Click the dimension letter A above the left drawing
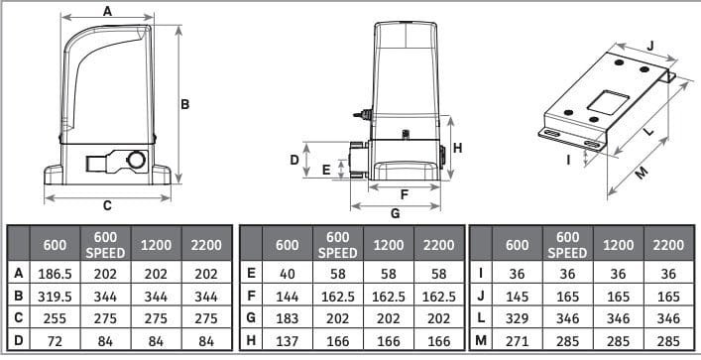[107, 11]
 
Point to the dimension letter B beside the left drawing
[184, 104]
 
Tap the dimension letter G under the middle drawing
[396, 214]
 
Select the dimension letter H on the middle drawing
[457, 148]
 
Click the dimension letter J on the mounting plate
[650, 46]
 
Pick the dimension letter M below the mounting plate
[642, 174]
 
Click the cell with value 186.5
[55, 274]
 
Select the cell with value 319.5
[55, 296]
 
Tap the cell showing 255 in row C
[55, 318]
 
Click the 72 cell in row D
[55, 340]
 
